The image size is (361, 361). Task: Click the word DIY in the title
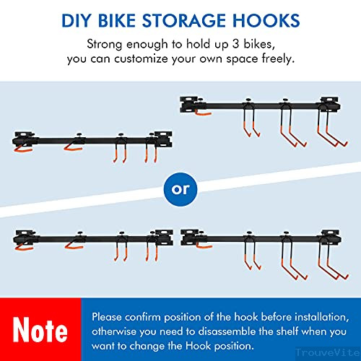pyautogui.click(x=77, y=20)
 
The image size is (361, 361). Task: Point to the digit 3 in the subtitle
pyautogui.click(x=235, y=44)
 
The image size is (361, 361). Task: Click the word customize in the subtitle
pyautogui.click(x=141, y=59)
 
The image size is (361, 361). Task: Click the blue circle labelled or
pyautogui.click(x=180, y=189)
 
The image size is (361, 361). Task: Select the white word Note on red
pyautogui.click(x=40, y=329)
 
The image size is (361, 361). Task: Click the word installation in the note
pyautogui.click(x=322, y=317)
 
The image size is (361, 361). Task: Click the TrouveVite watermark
pyautogui.click(x=328, y=353)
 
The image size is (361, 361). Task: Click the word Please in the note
pyautogui.click(x=107, y=317)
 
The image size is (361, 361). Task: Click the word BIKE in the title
pyautogui.click(x=117, y=20)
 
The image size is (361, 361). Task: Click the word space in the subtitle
pyautogui.click(x=242, y=59)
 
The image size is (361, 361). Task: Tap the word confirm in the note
pyautogui.click(x=143, y=317)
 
